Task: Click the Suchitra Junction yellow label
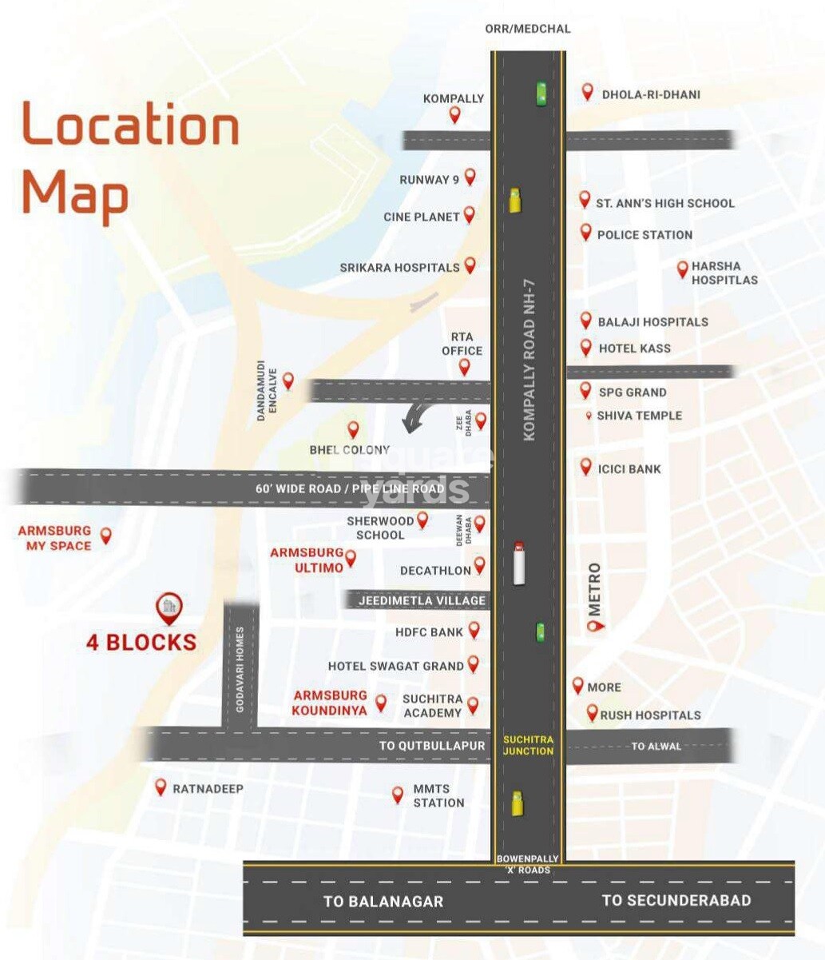tap(528, 745)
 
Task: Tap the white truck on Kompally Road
tap(519, 562)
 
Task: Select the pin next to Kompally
tap(454, 114)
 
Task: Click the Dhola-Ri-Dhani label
tap(651, 94)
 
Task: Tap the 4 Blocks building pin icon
tap(169, 608)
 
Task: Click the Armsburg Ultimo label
tap(307, 560)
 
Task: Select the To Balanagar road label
tap(383, 901)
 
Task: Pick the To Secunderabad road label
tap(676, 900)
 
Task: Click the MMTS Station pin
tap(398, 795)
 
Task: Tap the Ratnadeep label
tap(208, 789)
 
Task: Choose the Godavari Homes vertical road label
tap(240, 670)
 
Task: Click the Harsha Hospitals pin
tap(682, 269)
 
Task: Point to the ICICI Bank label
tap(629, 469)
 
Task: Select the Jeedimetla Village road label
tap(422, 600)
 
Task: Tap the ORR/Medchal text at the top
tap(528, 29)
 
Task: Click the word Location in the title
tap(130, 125)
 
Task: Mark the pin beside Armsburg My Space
tap(105, 535)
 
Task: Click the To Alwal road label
tap(656, 746)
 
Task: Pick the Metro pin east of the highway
tap(593, 625)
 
